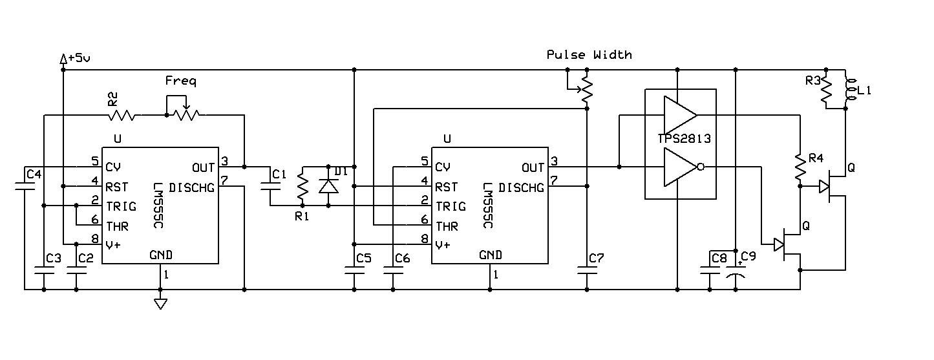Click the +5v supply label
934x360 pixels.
[79, 58]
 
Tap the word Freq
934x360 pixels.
[180, 81]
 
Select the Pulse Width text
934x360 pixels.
[589, 55]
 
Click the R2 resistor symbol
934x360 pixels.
[122, 116]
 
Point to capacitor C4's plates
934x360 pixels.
[25, 186]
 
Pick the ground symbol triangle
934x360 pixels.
[160, 304]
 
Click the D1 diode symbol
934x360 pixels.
[328, 186]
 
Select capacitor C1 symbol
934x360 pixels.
[270, 186]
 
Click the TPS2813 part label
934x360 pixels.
[685, 138]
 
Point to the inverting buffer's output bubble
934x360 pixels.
[701, 167]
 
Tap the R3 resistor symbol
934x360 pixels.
[826, 89]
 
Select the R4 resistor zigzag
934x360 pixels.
[800, 167]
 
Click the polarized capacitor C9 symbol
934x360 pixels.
[736, 271]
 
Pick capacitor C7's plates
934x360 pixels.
[587, 270]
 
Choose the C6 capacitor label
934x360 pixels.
[403, 259]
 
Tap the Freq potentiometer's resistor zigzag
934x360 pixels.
[186, 114]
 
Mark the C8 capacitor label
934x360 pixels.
[719, 259]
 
